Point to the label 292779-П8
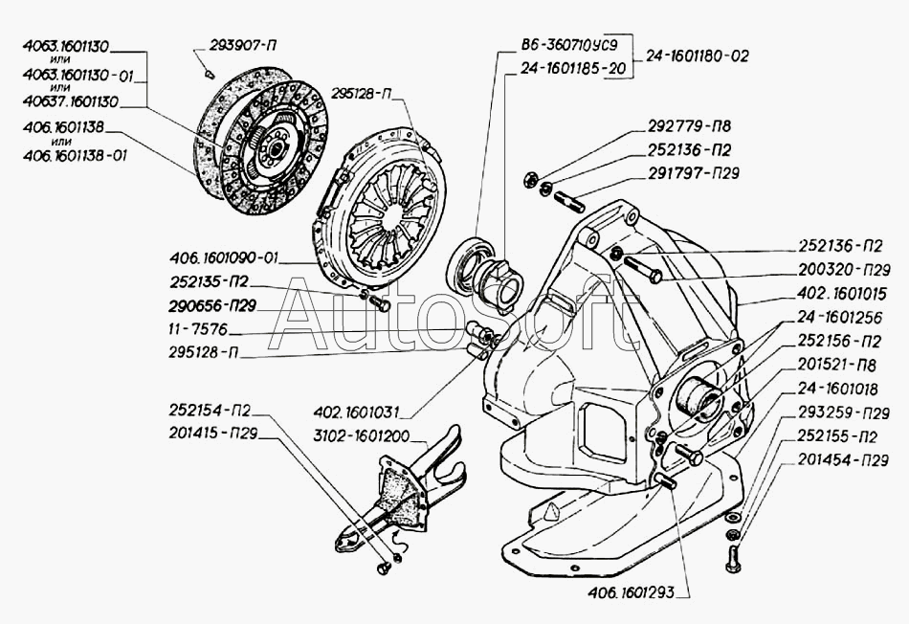pyautogui.click(x=683, y=128)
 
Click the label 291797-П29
pyautogui.click(x=690, y=173)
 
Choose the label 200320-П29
pyautogui.click(x=841, y=271)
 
